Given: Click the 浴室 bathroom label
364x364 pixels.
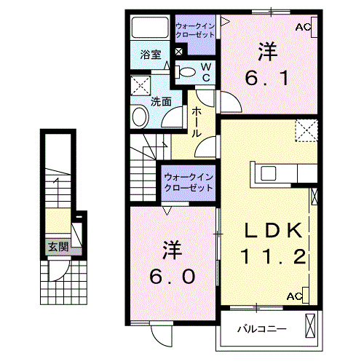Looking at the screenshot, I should (150, 54).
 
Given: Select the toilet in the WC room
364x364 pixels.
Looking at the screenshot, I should (187, 72).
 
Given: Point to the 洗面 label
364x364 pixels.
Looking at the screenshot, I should (161, 103).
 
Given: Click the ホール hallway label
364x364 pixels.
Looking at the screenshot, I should (197, 122).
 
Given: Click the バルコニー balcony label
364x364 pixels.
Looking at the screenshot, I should (261, 329).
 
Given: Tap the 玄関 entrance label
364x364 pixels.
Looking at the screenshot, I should (58, 247).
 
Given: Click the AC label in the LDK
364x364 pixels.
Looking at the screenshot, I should (295, 296).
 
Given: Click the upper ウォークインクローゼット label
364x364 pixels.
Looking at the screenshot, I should (195, 31).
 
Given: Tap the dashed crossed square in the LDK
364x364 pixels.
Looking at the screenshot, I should (306, 130).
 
